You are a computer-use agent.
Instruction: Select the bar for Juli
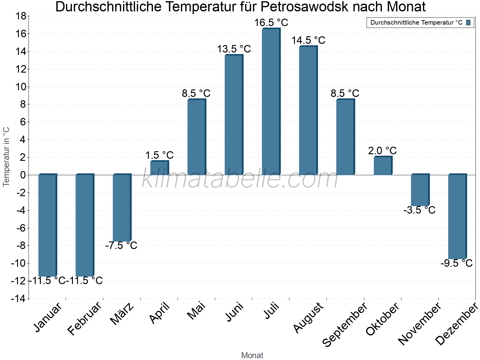(271, 102)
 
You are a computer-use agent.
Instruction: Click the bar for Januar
(47, 225)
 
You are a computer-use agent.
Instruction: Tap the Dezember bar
(457, 217)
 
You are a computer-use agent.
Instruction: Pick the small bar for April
(159, 168)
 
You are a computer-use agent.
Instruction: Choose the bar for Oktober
(382, 166)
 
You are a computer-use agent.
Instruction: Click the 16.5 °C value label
(271, 23)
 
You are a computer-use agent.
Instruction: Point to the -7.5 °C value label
(121, 246)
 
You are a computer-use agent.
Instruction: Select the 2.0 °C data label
(382, 151)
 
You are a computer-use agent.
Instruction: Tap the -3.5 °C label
(419, 210)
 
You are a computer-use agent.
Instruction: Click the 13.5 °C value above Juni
(234, 49)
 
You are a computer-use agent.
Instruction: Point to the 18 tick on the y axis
(21, 16)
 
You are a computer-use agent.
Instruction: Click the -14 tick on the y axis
(19, 298)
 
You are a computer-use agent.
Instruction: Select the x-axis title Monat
(252, 355)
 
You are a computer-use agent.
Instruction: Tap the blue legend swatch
(468, 22)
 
